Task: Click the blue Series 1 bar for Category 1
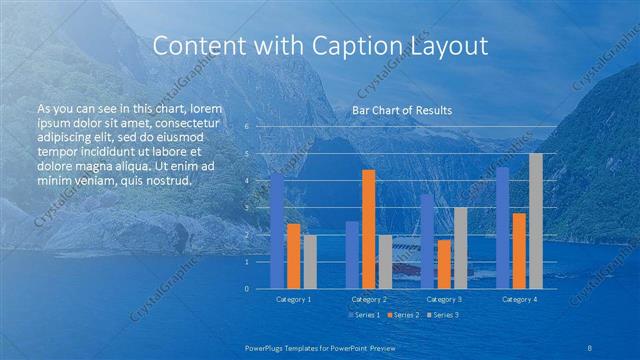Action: click(x=277, y=231)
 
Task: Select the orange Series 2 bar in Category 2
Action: click(x=368, y=229)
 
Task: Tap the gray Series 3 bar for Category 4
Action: click(x=536, y=221)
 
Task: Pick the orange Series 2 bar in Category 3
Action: click(x=444, y=264)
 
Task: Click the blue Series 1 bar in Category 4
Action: click(x=502, y=228)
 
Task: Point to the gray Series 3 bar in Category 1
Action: click(x=310, y=262)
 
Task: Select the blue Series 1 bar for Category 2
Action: click(x=352, y=255)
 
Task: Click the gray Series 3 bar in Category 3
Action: click(x=460, y=248)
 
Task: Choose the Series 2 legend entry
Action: click(x=401, y=315)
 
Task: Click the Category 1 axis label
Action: click(x=293, y=299)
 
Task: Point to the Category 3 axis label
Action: click(x=444, y=299)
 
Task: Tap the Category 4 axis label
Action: click(x=519, y=299)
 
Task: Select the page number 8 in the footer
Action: click(x=590, y=346)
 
